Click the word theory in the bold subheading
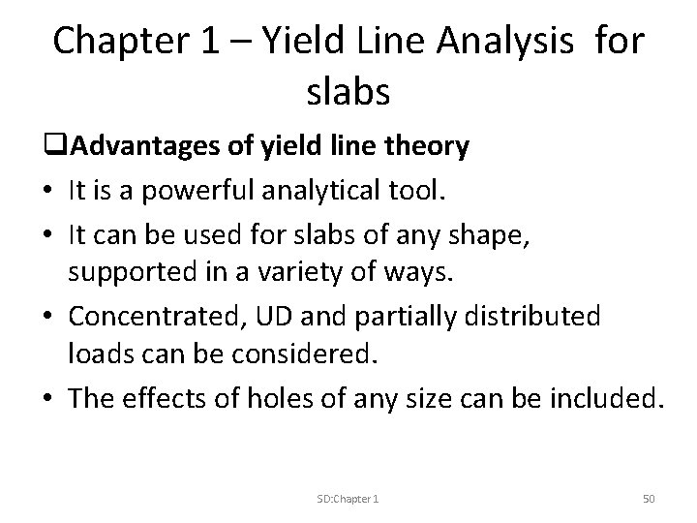(x=427, y=146)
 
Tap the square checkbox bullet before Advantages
(x=61, y=147)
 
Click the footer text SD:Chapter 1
(x=348, y=499)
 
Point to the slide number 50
(x=649, y=499)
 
